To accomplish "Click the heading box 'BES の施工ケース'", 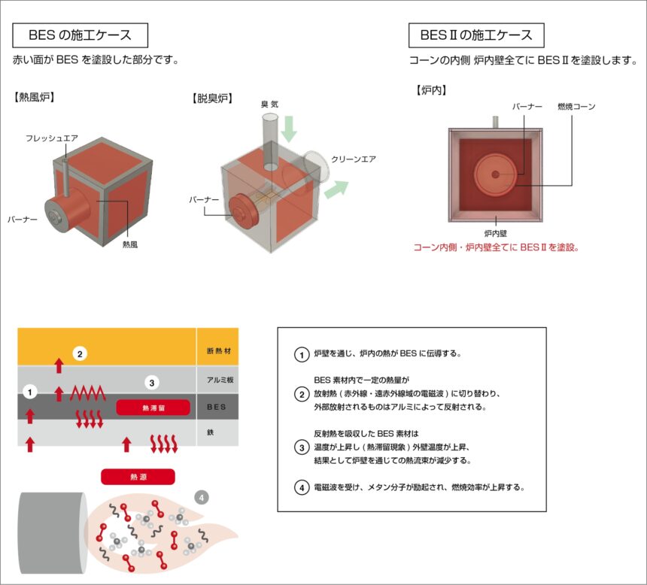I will click(x=80, y=35).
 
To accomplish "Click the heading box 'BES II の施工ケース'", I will click(x=476, y=35).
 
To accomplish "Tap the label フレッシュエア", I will click(x=52, y=138).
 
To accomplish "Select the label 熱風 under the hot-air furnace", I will click(x=129, y=244).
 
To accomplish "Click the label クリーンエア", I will click(x=353, y=159).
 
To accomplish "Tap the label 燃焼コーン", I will click(x=576, y=107).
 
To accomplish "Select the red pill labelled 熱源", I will click(x=138, y=477).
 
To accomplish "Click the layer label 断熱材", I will click(x=217, y=350).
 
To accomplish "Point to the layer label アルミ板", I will click(x=217, y=380).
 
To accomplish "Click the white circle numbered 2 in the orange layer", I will click(x=80, y=352).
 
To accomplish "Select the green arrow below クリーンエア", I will click(x=334, y=189).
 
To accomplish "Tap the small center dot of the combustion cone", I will click(x=496, y=174).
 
